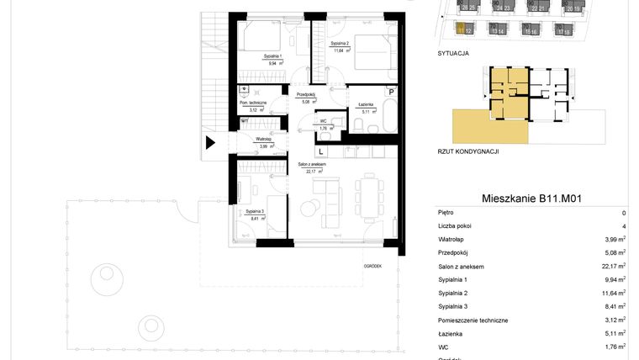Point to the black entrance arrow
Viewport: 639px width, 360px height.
pyautogui.click(x=211, y=143)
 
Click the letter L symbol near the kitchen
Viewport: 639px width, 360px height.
pyautogui.click(x=321, y=151)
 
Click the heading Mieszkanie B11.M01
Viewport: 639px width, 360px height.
pyautogui.click(x=532, y=199)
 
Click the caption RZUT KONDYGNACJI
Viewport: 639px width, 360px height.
pyautogui.click(x=469, y=152)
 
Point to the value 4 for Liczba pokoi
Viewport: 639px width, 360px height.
pyautogui.click(x=624, y=226)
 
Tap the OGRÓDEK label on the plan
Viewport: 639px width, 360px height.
pyautogui.click(x=373, y=266)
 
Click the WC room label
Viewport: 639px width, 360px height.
pyautogui.click(x=323, y=121)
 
